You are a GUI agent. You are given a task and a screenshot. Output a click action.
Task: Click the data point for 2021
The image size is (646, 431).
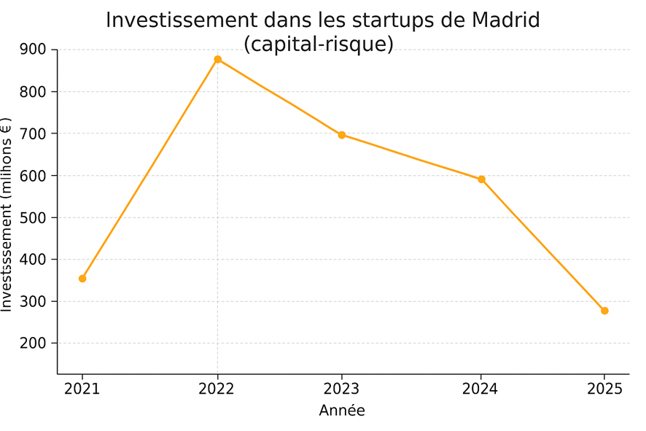click(82, 279)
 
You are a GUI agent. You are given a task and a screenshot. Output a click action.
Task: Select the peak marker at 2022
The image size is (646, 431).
click(217, 59)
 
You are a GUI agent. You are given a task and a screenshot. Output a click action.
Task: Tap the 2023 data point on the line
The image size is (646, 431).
click(341, 135)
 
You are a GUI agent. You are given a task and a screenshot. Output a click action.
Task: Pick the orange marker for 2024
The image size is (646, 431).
click(481, 179)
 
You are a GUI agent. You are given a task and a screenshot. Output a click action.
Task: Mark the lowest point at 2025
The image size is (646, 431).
click(604, 311)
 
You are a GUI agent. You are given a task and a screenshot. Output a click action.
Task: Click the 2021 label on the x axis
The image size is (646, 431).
click(82, 389)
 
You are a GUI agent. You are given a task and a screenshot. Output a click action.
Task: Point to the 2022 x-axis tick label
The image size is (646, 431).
click(217, 389)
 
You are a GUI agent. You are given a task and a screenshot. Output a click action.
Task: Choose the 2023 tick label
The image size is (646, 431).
click(341, 389)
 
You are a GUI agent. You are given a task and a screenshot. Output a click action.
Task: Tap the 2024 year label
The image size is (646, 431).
click(480, 389)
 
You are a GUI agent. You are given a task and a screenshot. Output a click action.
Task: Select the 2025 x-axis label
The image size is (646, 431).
click(604, 389)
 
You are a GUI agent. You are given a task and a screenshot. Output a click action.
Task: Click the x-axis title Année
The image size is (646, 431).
click(342, 411)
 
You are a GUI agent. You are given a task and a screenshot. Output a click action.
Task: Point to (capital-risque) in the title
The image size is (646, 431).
click(319, 44)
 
